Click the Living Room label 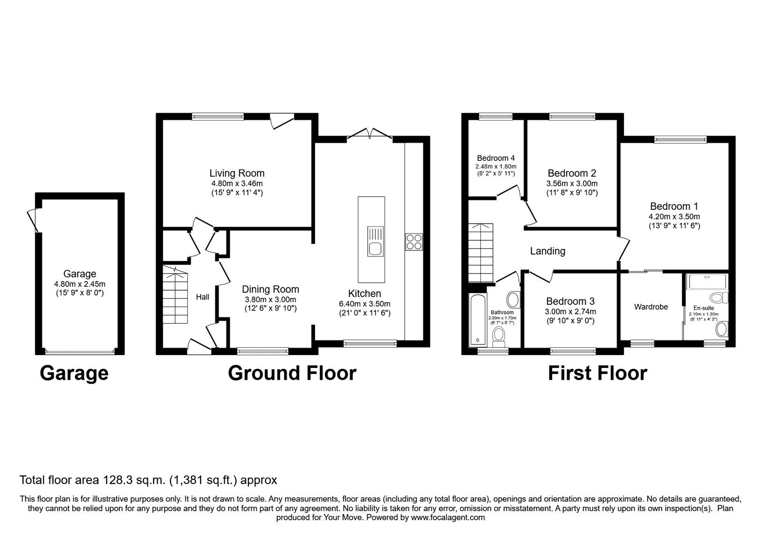tap(237, 173)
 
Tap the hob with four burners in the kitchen tap(414, 242)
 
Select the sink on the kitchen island tap(375, 241)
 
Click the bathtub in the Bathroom tap(478, 320)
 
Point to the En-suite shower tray tap(707, 282)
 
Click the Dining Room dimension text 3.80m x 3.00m tap(271, 300)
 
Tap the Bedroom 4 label tap(496, 158)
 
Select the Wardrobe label tap(651, 307)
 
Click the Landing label tap(547, 251)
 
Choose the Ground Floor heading tap(292, 373)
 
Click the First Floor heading tap(597, 373)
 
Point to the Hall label tap(203, 297)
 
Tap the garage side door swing tap(33, 220)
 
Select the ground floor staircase tap(176, 295)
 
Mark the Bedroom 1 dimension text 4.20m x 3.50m tap(674, 217)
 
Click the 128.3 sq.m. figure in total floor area tap(134, 480)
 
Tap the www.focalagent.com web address tap(448, 518)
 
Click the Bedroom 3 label tap(570, 302)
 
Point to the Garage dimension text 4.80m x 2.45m tap(79, 284)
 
